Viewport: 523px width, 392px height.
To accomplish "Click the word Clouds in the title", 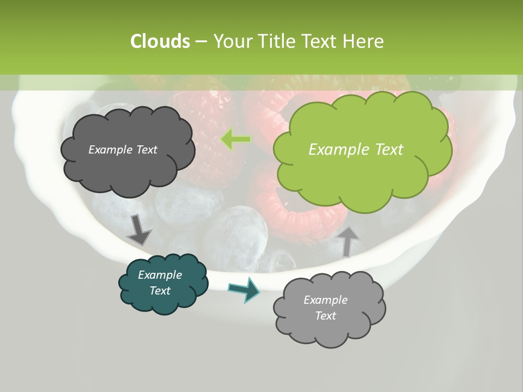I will [160, 41].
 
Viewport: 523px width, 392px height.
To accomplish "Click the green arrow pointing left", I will [236, 140].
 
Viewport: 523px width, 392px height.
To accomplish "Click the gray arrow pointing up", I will [348, 240].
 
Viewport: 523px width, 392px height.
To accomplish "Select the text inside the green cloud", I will [356, 150].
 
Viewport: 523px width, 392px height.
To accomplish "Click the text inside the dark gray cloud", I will [123, 150].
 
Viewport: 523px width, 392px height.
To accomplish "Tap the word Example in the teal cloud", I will [160, 275].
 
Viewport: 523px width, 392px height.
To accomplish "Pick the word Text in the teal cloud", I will [160, 291].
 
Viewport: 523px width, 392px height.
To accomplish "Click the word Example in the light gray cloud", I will [325, 300].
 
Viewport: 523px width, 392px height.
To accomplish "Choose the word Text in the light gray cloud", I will [325, 316].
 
